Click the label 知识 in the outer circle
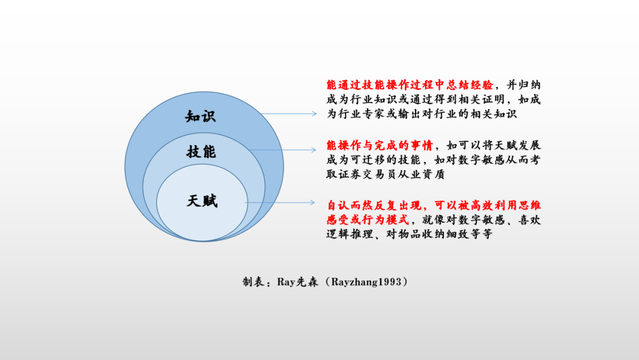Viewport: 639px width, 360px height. coord(201,115)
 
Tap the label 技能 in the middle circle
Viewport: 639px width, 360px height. coord(201,152)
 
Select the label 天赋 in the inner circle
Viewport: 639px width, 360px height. coord(202,201)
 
